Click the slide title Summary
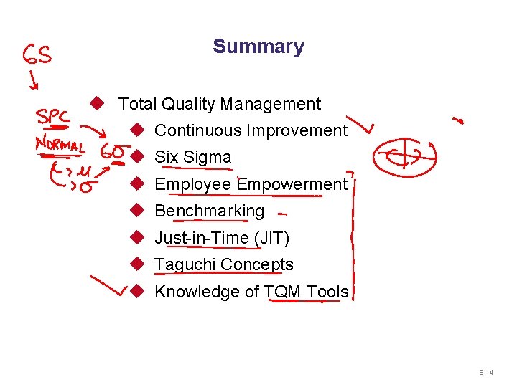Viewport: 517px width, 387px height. pos(258,47)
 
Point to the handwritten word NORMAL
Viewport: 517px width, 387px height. pos(60,145)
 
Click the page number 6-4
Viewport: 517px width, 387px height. pos(486,373)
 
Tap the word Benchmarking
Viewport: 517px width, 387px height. pos(210,211)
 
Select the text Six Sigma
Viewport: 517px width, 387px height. pos(192,157)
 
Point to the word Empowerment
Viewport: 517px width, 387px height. pos(292,184)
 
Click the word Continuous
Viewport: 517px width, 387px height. pos(198,130)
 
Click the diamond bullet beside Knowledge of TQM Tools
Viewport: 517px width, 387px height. pos(139,292)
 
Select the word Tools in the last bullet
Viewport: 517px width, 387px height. pos(327,292)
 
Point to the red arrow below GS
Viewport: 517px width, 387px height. pos(32,80)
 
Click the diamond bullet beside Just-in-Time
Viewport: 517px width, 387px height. pos(139,238)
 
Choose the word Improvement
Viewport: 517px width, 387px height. pos(297,130)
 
